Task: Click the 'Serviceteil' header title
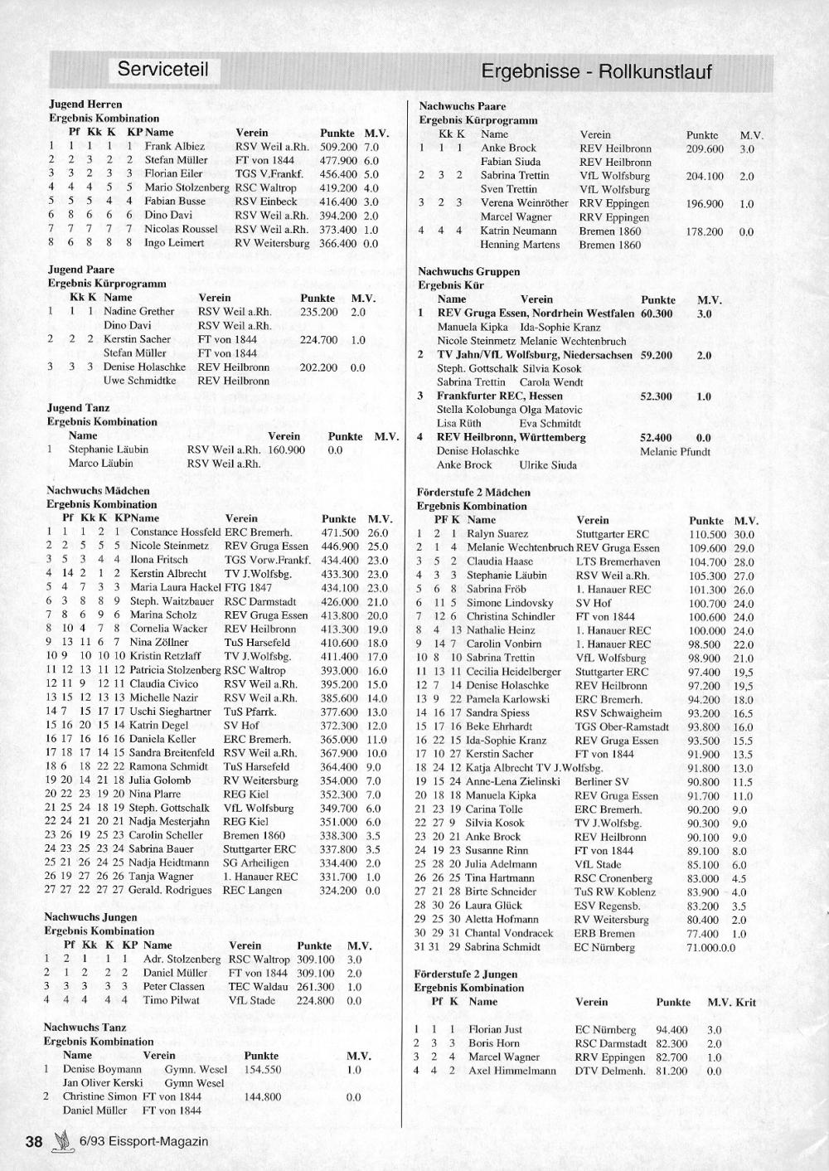[162, 69]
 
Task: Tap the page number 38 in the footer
[33, 1141]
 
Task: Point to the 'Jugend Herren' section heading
[85, 104]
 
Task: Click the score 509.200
[338, 146]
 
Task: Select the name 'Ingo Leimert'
[174, 243]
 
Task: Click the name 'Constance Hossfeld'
[175, 532]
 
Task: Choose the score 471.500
[340, 532]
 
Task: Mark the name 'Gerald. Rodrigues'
[170, 891]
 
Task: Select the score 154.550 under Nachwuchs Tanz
[261, 1070]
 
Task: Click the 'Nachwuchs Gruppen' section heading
[468, 271]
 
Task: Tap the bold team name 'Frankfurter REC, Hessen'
[500, 396]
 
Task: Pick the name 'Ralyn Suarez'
[497, 534]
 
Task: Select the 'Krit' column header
[745, 1002]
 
